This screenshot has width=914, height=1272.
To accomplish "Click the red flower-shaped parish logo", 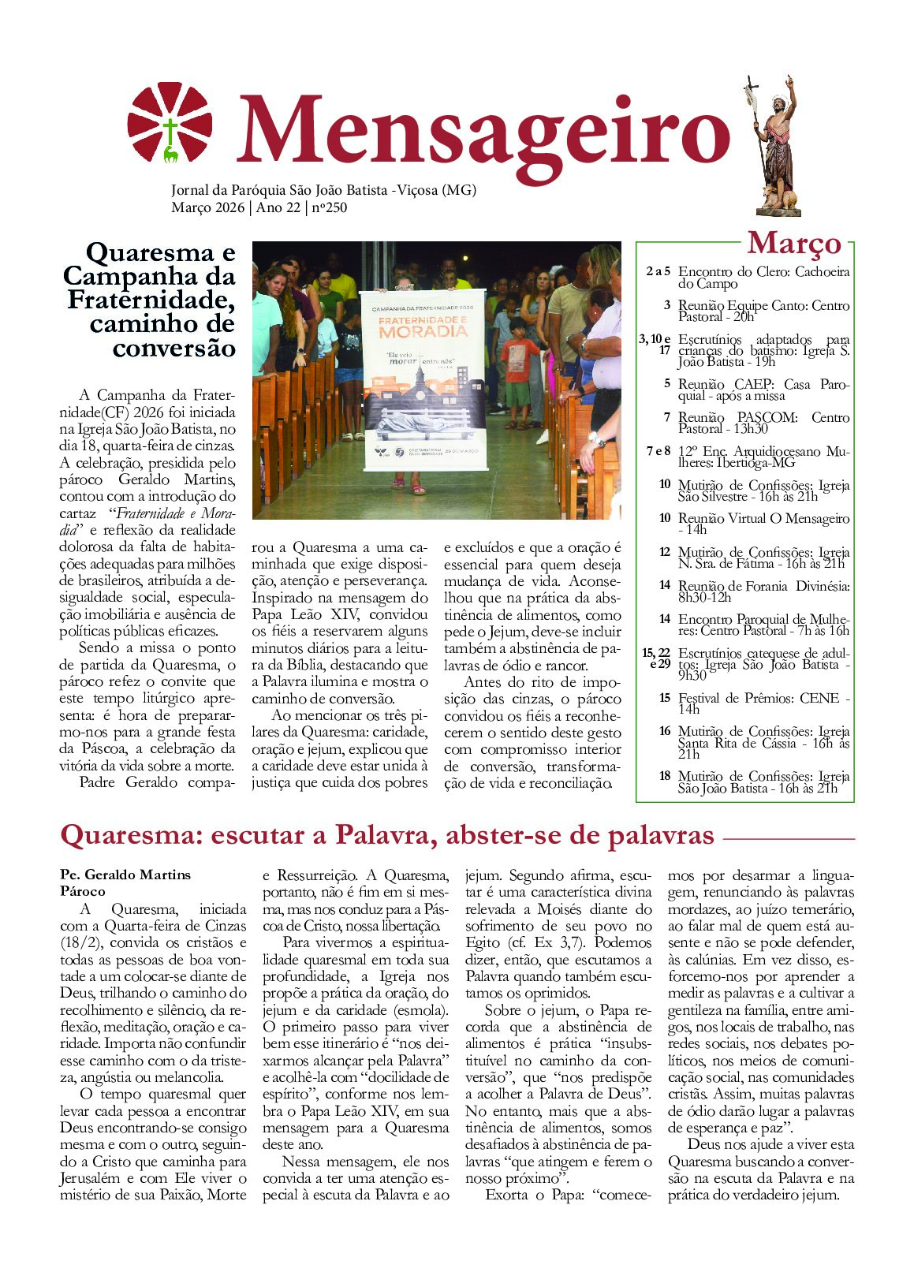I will (170, 123).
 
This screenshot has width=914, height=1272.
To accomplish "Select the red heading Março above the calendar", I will (793, 243).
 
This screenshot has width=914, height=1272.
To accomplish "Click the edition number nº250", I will (329, 208).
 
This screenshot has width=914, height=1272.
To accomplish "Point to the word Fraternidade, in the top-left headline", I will (151, 300).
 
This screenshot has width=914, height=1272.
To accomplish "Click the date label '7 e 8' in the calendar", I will (658, 452).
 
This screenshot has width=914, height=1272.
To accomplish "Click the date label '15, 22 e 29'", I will (657, 658).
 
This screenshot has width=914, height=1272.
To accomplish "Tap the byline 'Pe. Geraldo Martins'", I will (125, 875).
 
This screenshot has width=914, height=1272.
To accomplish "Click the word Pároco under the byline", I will (83, 891).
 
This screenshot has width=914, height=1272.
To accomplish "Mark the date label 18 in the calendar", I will (665, 776).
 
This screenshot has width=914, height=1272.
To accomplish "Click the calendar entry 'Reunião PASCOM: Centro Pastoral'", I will (763, 423).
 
